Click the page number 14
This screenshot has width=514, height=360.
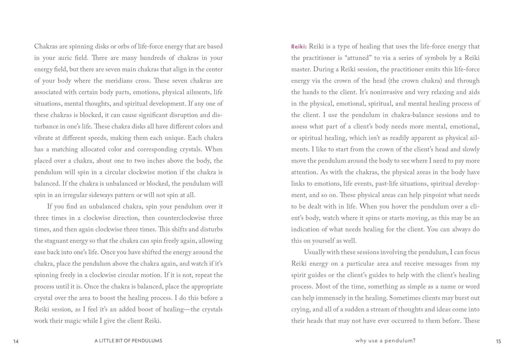(16, 342)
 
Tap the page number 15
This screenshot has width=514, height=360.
(498, 342)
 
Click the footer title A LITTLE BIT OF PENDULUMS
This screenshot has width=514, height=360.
(128, 341)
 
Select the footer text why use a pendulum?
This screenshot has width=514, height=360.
(385, 341)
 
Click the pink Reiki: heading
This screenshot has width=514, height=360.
(299, 47)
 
